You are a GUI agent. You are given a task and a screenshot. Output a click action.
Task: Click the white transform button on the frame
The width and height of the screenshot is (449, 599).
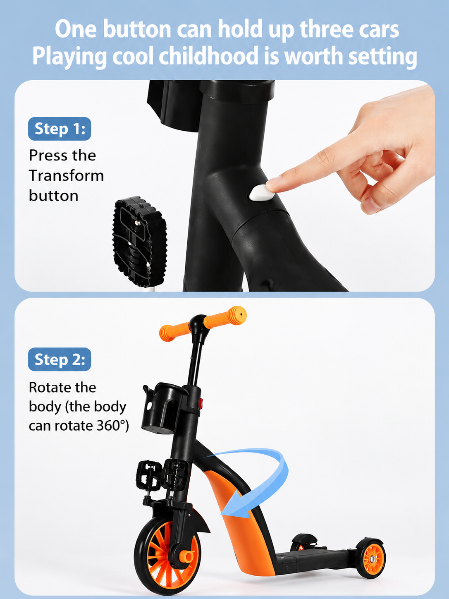(x=262, y=193)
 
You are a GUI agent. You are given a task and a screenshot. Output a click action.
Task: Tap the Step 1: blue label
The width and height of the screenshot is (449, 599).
(x=60, y=129)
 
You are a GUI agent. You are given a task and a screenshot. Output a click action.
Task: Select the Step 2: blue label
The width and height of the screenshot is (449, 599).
(x=60, y=359)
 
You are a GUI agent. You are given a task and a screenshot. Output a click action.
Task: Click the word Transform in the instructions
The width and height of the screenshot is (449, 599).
(x=66, y=175)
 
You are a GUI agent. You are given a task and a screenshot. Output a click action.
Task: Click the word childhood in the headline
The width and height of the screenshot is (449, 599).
(x=208, y=56)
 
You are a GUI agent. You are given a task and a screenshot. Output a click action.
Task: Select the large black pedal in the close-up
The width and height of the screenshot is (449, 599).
(x=140, y=242)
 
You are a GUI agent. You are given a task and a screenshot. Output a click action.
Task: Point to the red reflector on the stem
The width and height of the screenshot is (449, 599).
(x=201, y=403)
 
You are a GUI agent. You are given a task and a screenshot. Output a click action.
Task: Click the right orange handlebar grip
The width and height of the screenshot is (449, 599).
(x=225, y=318)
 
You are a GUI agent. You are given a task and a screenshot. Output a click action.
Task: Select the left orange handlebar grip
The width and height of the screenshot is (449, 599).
(x=174, y=332)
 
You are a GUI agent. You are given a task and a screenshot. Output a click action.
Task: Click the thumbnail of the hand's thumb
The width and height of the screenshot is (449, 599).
(x=369, y=205)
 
